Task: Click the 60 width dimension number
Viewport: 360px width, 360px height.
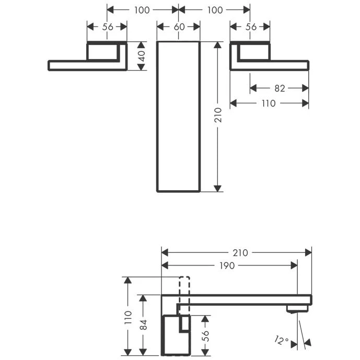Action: point(178,27)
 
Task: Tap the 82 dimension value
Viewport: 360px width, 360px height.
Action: point(280,88)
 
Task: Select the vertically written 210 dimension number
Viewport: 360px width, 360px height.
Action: point(218,115)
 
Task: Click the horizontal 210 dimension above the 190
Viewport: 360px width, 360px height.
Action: point(240,252)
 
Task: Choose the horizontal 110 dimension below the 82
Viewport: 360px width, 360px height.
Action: point(268,103)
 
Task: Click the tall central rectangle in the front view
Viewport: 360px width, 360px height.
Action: point(178,116)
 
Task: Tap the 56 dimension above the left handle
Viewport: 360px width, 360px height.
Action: point(107,27)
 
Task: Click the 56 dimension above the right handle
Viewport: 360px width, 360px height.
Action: point(250,27)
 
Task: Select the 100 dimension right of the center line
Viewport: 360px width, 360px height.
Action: point(215,10)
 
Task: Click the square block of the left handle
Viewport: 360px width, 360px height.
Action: point(103,52)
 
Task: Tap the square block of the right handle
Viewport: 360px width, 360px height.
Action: point(254,52)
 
